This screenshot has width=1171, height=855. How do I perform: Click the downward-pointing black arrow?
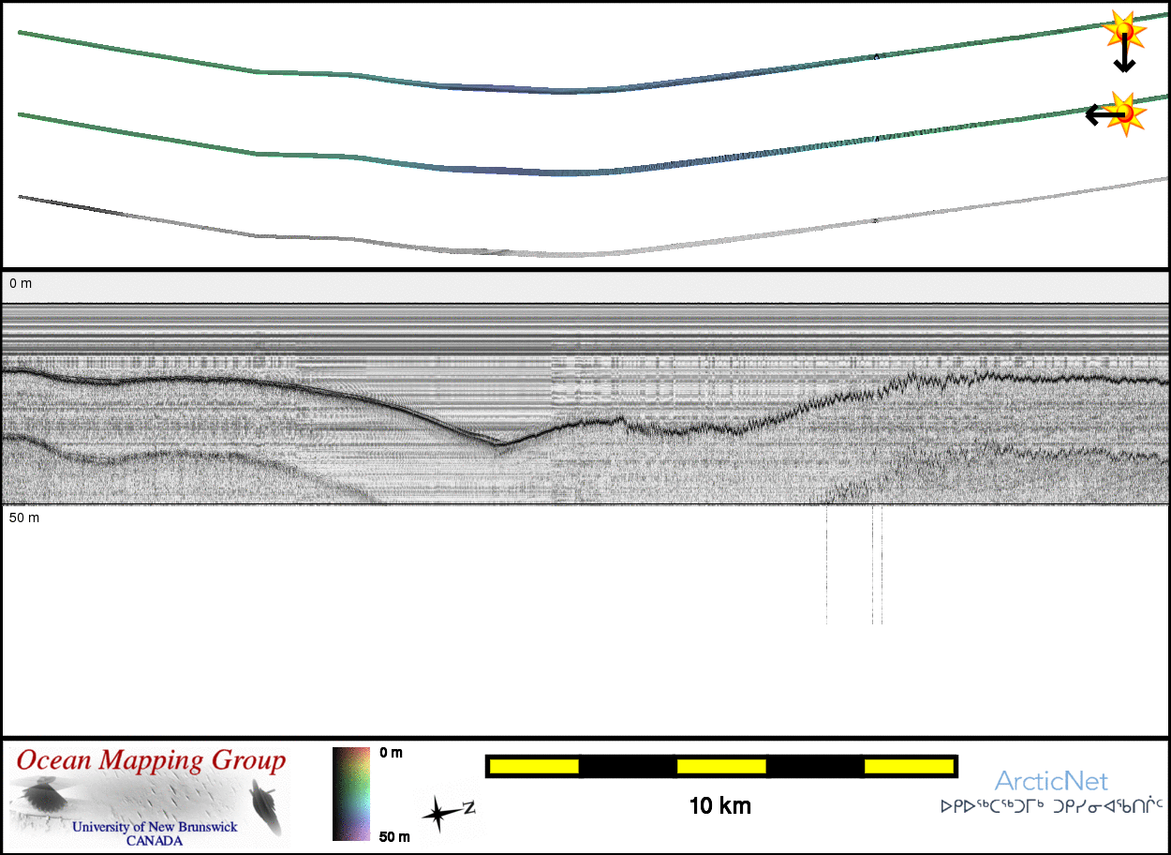1124,52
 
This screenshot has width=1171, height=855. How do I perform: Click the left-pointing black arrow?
1104,114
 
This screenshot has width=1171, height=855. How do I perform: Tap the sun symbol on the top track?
1124,30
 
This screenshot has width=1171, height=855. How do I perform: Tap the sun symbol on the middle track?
1125,113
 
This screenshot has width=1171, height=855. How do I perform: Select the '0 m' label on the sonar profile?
21,284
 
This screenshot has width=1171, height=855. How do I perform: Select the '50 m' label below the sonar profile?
24,518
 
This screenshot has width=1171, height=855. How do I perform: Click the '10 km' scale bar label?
719,806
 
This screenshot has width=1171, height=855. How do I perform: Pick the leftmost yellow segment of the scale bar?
534,767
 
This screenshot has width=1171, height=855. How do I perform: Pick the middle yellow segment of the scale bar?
721,767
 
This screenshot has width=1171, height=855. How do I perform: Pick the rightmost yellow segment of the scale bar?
909,767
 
